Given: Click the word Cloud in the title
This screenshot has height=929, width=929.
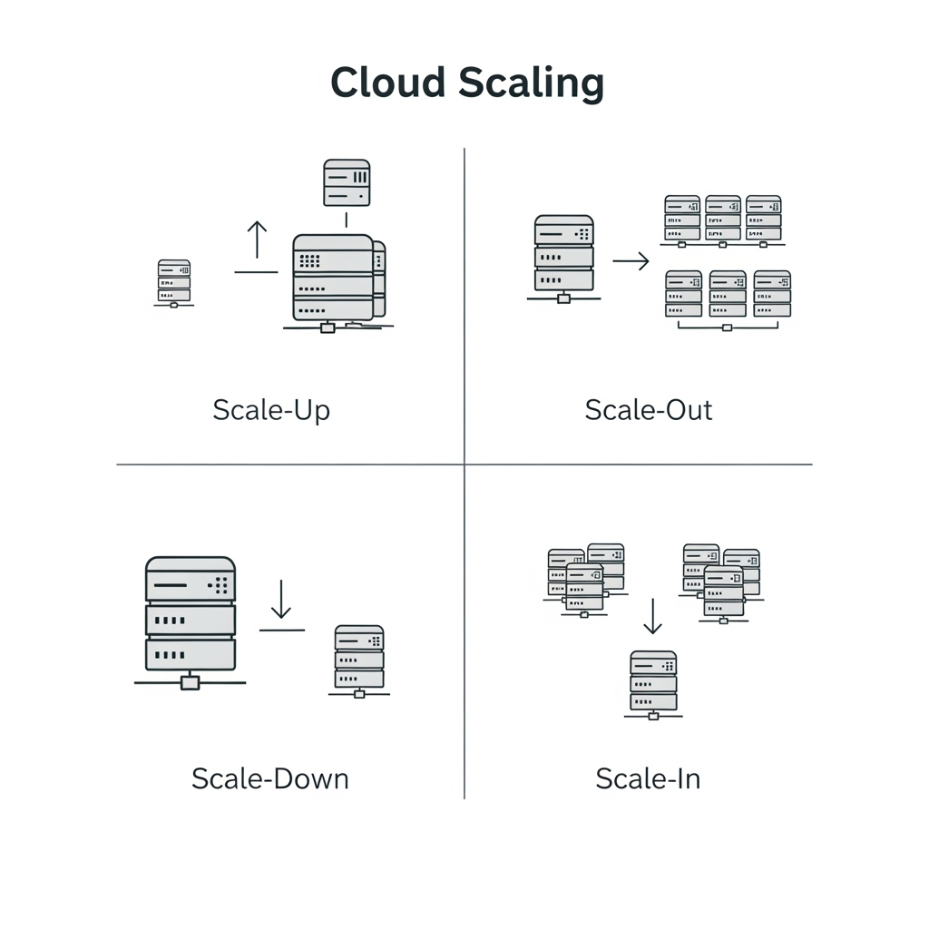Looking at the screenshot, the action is coord(388,82).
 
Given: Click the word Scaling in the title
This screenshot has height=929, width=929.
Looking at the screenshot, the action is coord(532,83).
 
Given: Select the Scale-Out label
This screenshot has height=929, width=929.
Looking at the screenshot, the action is coord(648,410).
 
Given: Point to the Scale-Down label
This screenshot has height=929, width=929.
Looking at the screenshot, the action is coord(270,778).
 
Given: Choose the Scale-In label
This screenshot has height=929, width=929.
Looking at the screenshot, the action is coord(648,778).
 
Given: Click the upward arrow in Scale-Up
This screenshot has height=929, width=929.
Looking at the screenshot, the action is coord(257,240).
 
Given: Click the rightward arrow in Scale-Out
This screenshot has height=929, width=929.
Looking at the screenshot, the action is coord(631,260).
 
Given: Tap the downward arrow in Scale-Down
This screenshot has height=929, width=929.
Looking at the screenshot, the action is coord(281,599).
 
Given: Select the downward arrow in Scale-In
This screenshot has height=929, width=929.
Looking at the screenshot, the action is coord(652,616).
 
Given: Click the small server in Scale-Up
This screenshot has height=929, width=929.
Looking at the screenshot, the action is coord(173,283).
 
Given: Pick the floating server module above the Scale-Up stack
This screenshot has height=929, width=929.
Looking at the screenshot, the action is coord(347,182).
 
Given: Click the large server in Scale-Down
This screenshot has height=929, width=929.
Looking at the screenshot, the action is coord(191,622).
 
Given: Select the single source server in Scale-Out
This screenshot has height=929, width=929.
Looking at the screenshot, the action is coord(563,259).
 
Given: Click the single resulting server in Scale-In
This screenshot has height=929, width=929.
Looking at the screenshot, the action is coord(653,685).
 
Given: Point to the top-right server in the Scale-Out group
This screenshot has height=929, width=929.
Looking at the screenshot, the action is coord(763,218).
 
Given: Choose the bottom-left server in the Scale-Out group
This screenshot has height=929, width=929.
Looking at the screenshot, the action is coord(683,294).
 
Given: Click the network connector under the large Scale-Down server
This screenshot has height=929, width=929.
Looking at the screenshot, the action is coord(190,682).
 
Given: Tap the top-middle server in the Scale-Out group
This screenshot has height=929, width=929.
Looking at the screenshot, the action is coord(723,218).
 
